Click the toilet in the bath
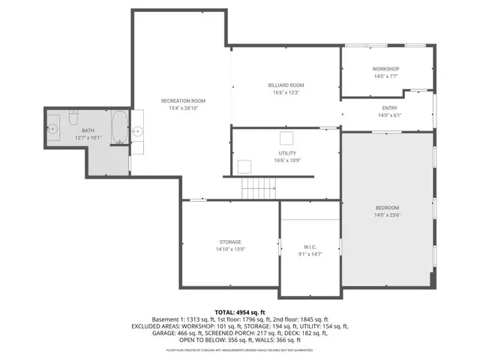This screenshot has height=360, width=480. [73, 118]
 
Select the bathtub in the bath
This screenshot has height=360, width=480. [119, 128]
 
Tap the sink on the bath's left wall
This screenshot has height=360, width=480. [53, 129]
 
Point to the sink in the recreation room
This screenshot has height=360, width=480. [137, 130]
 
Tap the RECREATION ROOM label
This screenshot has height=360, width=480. [183, 100]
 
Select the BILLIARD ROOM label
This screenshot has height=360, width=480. [285, 85]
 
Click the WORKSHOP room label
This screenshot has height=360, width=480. [385, 69]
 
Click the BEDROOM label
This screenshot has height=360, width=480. [387, 207]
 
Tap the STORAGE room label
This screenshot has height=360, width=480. [230, 241]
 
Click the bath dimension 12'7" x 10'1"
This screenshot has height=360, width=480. [88, 138]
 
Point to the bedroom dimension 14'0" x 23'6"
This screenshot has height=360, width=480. [387, 214]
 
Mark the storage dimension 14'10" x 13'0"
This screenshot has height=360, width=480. [230, 249]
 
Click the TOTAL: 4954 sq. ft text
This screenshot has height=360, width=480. [240, 311]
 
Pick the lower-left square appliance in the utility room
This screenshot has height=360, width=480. [244, 166]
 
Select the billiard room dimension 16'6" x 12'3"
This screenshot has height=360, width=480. [285, 93]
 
